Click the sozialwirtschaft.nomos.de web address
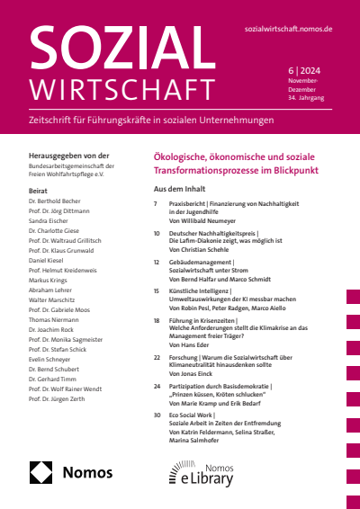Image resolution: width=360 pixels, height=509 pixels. (289, 29)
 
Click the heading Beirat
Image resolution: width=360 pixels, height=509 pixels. (39, 192)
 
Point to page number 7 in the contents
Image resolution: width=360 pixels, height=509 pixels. (157, 205)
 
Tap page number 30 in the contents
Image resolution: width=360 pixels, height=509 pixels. (157, 415)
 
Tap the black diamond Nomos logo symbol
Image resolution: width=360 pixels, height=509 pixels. (42, 472)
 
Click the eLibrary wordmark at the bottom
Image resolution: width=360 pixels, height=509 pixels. (205, 478)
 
